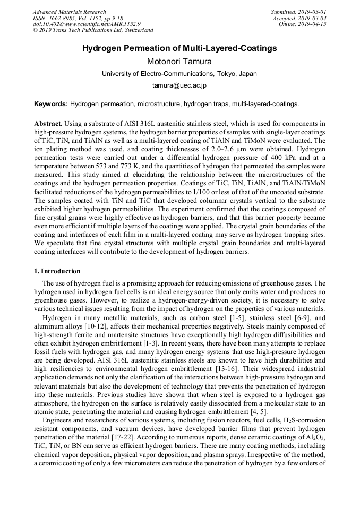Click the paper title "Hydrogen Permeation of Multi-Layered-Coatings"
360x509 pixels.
click(179, 48)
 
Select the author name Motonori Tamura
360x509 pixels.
click(179, 61)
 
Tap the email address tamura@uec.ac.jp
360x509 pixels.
click(179, 85)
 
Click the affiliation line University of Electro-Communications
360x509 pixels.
click(179, 73)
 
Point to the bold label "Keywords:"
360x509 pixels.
click(51, 104)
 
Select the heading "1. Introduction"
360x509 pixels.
click(57, 271)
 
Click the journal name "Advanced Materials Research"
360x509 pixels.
click(70, 12)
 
